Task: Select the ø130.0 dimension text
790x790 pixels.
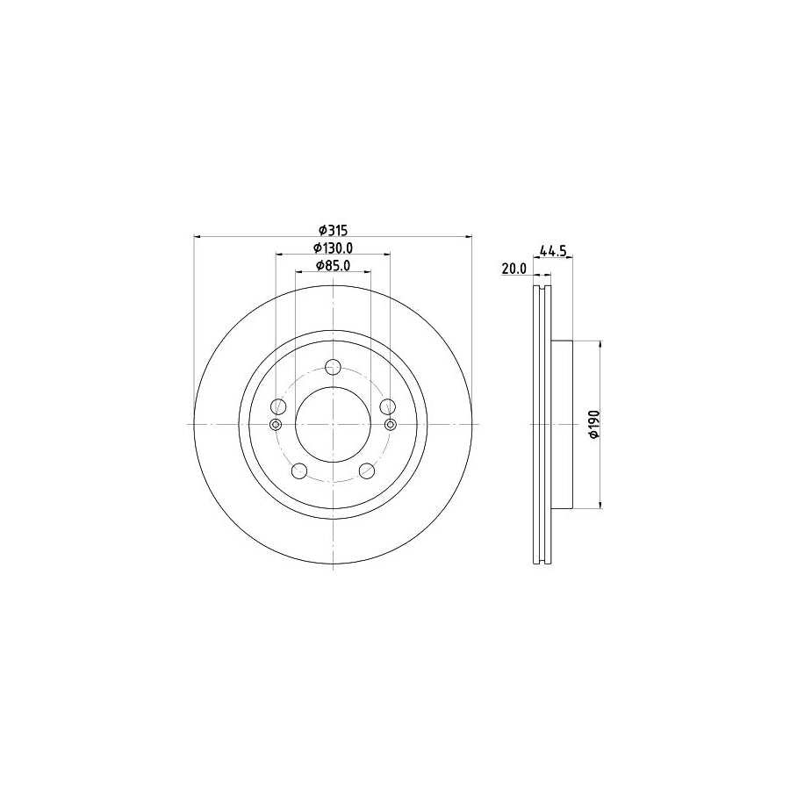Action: (333, 248)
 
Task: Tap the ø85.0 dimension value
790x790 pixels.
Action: (333, 266)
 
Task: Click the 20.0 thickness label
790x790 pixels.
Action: (513, 269)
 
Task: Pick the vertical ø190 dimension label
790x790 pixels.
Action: (593, 424)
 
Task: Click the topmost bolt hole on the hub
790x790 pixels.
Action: (333, 367)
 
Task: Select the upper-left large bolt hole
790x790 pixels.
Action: (279, 406)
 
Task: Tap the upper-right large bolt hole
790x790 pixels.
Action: (387, 406)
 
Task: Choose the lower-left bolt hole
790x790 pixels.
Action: (299, 470)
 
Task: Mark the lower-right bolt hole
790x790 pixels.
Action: (367, 470)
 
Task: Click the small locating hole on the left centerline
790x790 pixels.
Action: (276, 425)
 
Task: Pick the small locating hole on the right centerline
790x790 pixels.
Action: (391, 425)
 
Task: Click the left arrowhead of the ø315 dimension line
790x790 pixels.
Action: (197, 236)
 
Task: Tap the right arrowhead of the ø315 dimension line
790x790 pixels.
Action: (470, 236)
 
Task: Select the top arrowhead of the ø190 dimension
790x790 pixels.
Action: (600, 344)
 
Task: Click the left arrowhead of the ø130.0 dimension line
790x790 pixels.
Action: (279, 255)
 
